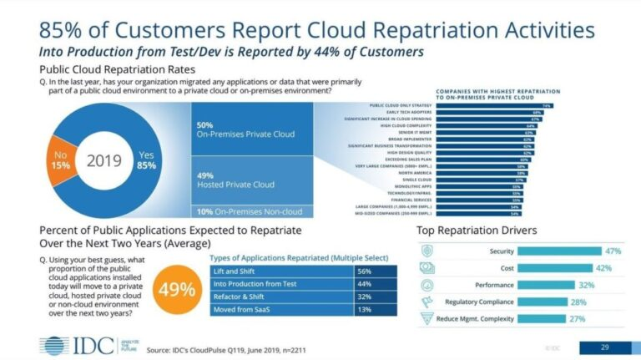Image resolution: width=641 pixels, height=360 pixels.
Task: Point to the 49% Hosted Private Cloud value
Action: (x=204, y=175)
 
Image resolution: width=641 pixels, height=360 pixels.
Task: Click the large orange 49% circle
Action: (x=176, y=289)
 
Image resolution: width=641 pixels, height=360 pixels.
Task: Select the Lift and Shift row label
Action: (x=235, y=271)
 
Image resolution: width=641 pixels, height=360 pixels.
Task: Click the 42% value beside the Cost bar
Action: (x=603, y=267)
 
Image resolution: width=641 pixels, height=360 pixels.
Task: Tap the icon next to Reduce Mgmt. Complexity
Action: (x=426, y=318)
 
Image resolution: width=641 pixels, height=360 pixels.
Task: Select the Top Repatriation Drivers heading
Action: (x=477, y=230)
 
